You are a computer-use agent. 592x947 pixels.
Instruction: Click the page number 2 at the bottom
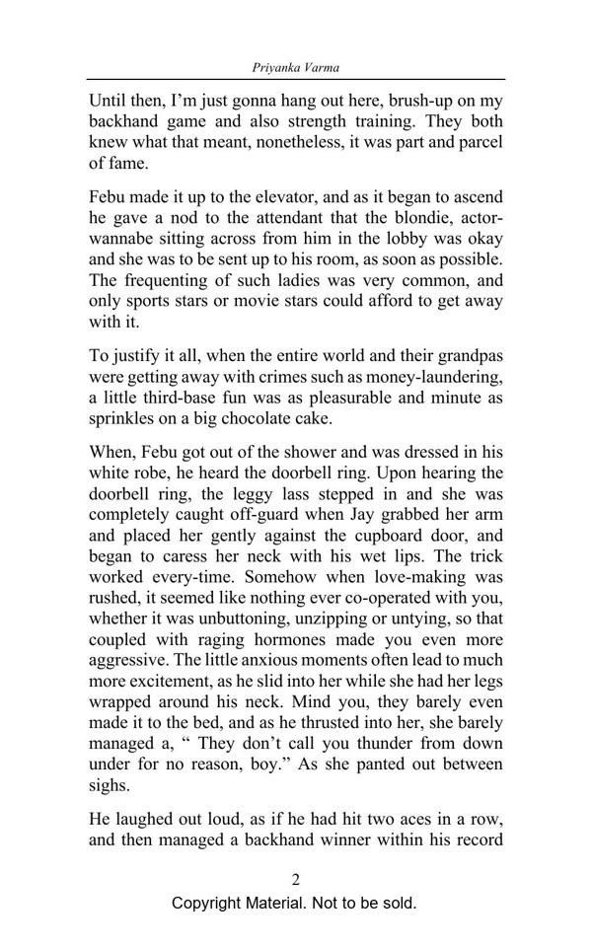point(295,880)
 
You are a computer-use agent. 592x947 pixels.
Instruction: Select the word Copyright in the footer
point(209,904)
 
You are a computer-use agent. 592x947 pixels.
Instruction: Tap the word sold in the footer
point(397,904)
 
